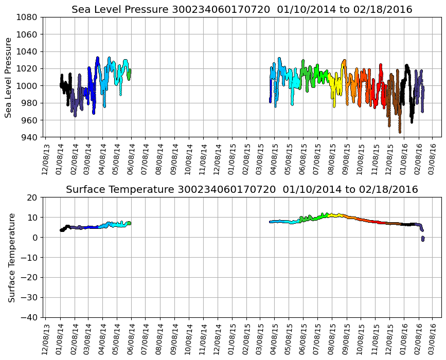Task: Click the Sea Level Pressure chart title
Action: [242, 10]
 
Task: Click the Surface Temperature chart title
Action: [242, 190]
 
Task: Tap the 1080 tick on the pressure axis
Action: [29, 17]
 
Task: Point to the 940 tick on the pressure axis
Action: [29, 137]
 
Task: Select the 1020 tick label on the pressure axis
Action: [29, 68]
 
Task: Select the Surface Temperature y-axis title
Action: [11, 257]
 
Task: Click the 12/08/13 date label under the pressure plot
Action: [46, 156]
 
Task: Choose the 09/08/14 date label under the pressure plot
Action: [174, 156]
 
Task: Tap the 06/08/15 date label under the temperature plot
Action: [302, 336]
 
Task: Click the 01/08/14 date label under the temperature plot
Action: [60, 336]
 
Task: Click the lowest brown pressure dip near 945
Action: [400, 132]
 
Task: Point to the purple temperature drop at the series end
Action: [423, 238]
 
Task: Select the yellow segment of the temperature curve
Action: [335, 215]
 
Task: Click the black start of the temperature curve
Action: [62, 229]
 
